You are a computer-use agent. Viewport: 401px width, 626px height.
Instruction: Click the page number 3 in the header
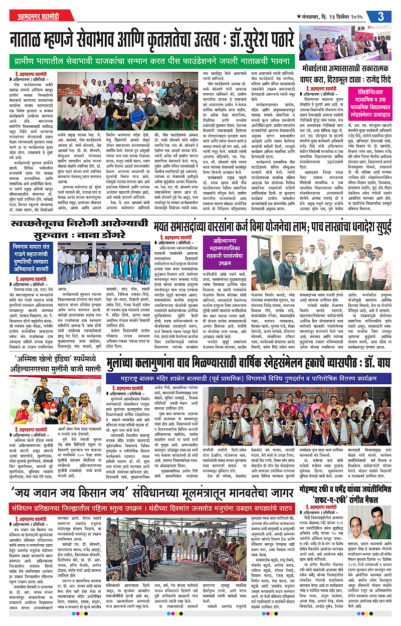[382, 16]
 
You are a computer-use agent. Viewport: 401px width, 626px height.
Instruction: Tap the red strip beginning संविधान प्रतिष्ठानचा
[150, 510]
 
